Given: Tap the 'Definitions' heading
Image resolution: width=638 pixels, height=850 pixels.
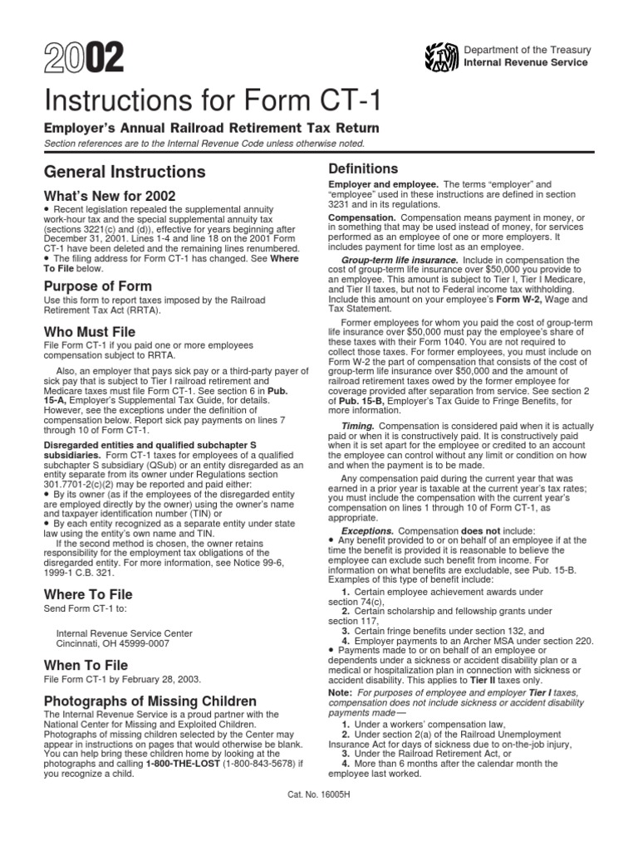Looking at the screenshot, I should coord(362,168).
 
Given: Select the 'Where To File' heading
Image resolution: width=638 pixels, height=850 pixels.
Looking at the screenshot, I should coord(88,595).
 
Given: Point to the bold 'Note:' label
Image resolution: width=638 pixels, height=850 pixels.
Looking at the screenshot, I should coord(341,691).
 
